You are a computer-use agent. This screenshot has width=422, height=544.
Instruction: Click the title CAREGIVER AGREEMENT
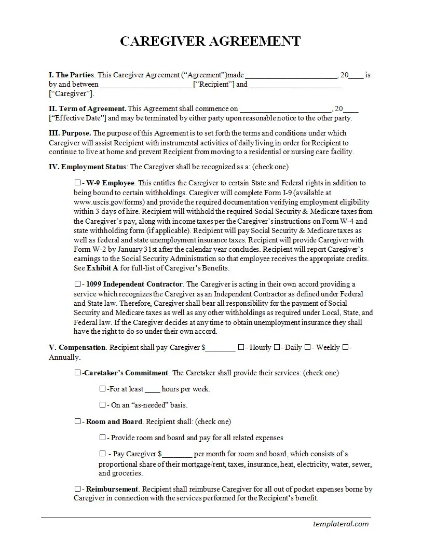point(210,42)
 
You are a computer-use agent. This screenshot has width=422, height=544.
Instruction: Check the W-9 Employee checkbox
point(77,183)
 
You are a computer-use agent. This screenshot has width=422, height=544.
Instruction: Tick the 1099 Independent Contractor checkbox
point(77,284)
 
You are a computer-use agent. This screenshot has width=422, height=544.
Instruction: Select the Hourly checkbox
point(241,347)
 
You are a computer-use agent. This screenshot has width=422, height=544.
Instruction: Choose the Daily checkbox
point(276,347)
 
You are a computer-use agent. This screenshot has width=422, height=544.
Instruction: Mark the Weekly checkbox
point(307,347)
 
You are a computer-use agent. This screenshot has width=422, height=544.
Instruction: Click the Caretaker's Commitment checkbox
point(77,373)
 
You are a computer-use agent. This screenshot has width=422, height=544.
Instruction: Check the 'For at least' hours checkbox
point(102,389)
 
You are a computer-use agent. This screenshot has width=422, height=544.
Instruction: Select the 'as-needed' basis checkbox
point(102,405)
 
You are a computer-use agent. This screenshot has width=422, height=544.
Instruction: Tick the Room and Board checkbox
point(77,421)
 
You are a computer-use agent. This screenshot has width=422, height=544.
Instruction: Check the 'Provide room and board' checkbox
point(102,438)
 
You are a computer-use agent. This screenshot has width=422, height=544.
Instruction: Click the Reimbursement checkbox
point(77,489)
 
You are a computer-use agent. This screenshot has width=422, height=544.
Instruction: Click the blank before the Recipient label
point(145,85)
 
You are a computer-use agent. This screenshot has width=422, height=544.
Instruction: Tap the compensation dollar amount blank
point(221,348)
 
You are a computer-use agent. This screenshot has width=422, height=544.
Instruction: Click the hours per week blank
point(152,389)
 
